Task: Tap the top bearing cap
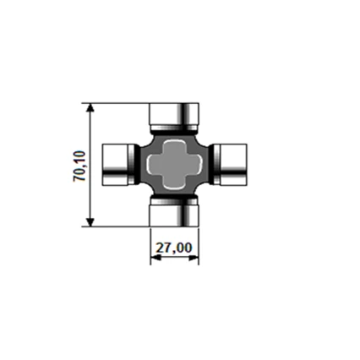pyautogui.click(x=175, y=113)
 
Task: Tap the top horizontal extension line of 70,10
pyautogui.click(x=118, y=101)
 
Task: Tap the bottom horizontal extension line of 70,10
pyautogui.click(x=118, y=226)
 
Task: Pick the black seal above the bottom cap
pyautogui.click(x=175, y=197)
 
